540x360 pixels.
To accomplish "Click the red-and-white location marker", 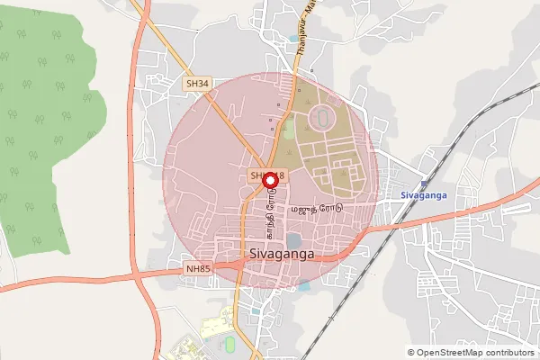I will (269, 181).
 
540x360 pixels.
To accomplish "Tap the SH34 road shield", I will (197, 83).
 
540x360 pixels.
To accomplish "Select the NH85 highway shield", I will (197, 268).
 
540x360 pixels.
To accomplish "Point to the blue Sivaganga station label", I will (423, 195).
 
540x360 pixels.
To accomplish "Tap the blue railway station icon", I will (424, 184).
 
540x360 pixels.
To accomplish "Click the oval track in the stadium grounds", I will (319, 117).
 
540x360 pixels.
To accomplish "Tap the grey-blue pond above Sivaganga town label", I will (294, 240).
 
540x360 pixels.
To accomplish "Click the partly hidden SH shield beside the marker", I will (257, 174).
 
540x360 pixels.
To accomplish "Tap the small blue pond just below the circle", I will (304, 285).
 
